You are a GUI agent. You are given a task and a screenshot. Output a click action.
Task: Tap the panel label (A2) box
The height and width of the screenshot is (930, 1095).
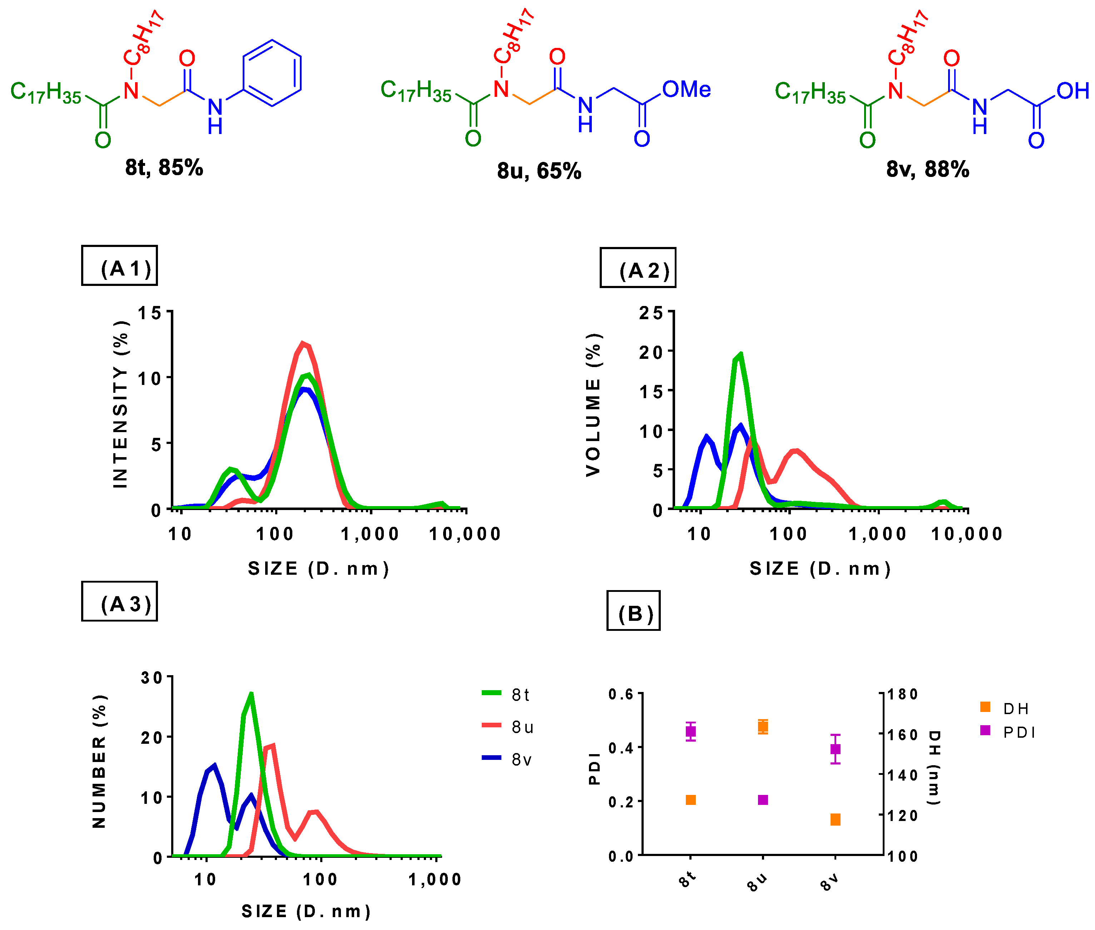coord(638,267)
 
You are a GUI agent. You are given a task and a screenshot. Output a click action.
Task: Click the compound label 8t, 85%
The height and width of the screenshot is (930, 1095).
coord(164,168)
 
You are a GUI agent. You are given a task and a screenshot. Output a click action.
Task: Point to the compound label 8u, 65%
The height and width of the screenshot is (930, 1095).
coord(539,171)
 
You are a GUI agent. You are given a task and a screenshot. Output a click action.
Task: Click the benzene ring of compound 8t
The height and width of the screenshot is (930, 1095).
coord(272,73)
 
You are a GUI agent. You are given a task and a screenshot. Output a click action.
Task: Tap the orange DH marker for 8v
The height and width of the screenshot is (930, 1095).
coord(835,819)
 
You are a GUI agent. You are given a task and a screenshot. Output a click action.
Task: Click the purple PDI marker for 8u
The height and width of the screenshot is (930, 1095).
coord(762,800)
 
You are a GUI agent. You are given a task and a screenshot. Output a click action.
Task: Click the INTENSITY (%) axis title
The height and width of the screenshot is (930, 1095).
coord(120,404)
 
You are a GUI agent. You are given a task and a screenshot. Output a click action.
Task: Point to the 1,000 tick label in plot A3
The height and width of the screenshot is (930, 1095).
coord(435,879)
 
